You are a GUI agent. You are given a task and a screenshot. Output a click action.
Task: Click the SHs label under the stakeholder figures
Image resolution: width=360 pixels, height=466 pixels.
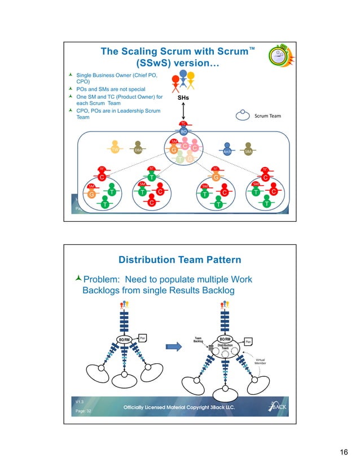[182, 98]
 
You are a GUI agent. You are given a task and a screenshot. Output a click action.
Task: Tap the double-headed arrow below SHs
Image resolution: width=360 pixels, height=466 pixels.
[182, 112]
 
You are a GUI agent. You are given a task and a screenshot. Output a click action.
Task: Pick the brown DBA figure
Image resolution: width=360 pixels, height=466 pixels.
[138, 148]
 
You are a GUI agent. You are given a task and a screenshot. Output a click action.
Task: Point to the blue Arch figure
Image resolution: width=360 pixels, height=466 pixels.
[227, 150]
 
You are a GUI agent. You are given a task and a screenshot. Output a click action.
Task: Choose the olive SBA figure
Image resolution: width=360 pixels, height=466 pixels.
[248, 150]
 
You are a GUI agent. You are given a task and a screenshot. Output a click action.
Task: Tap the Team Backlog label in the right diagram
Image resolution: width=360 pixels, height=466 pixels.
[198, 340]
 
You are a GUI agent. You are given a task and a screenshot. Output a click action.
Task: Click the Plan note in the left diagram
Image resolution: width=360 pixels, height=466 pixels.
[143, 337]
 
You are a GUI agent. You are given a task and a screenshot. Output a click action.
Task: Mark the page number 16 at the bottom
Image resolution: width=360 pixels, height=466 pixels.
[343, 453]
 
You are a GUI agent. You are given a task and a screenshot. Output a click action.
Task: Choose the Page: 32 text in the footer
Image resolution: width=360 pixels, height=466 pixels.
[84, 411]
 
